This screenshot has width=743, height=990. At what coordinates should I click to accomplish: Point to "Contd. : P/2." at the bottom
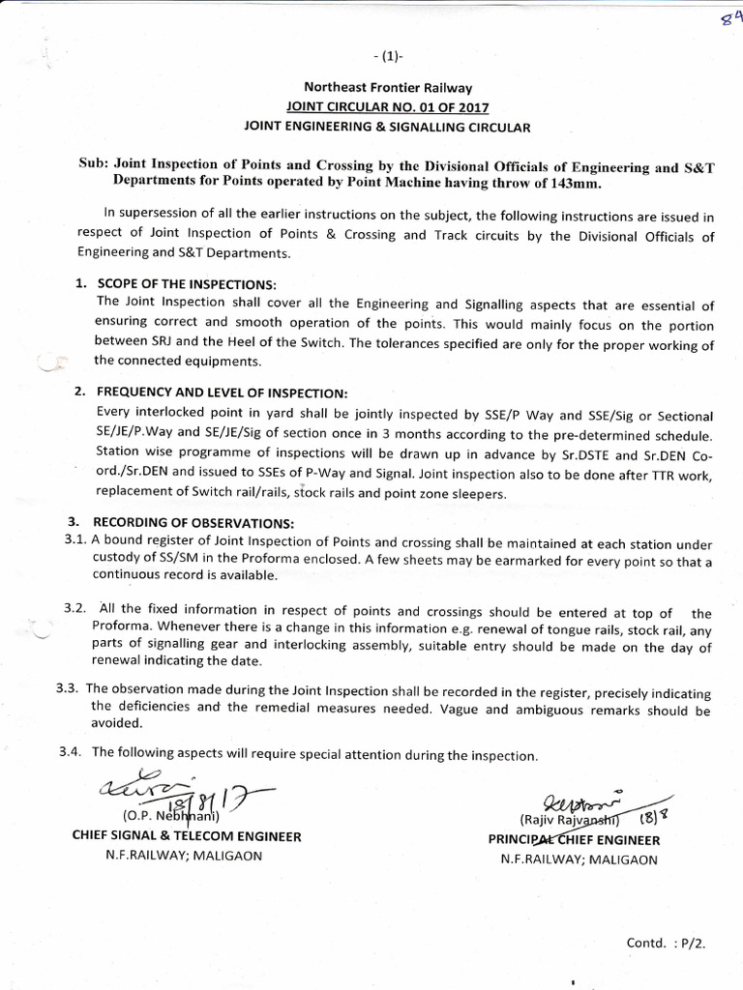pyautogui.click(x=668, y=942)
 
